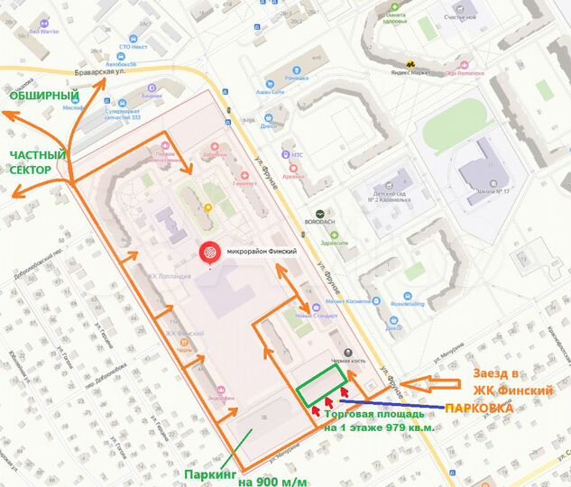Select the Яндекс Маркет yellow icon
pyautogui.click(x=411, y=64)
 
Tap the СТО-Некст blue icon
pyautogui.click(x=134, y=40)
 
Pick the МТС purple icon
pyautogui.click(x=288, y=154)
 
